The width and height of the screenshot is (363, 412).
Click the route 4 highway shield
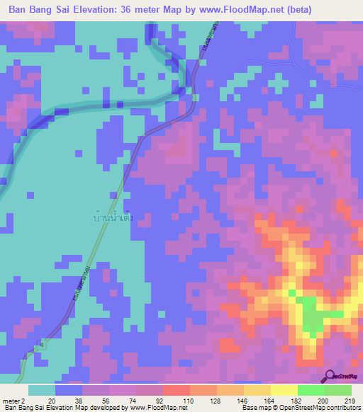41,344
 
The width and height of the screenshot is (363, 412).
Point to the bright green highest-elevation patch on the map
310,315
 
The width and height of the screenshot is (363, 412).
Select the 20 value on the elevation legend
52,400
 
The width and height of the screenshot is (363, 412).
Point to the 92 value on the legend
159,400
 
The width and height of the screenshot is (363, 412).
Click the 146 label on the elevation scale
239,400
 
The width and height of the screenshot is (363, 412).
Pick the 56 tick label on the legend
105,400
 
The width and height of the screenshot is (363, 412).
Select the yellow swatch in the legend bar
284,390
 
